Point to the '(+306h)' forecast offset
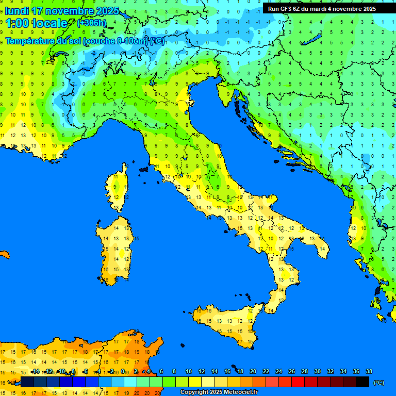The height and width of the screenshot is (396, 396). click(x=91, y=23)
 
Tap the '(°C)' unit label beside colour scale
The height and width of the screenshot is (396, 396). click(x=378, y=383)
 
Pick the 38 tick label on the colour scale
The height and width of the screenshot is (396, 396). click(x=369, y=372)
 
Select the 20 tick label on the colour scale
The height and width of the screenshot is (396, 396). click(x=253, y=372)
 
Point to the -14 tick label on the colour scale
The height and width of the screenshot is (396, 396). click(x=35, y=372)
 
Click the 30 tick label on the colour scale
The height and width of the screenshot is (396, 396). click(x=317, y=372)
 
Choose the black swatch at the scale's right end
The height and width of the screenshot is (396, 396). click(x=362, y=382)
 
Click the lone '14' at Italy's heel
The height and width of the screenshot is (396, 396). click(x=323, y=249)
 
